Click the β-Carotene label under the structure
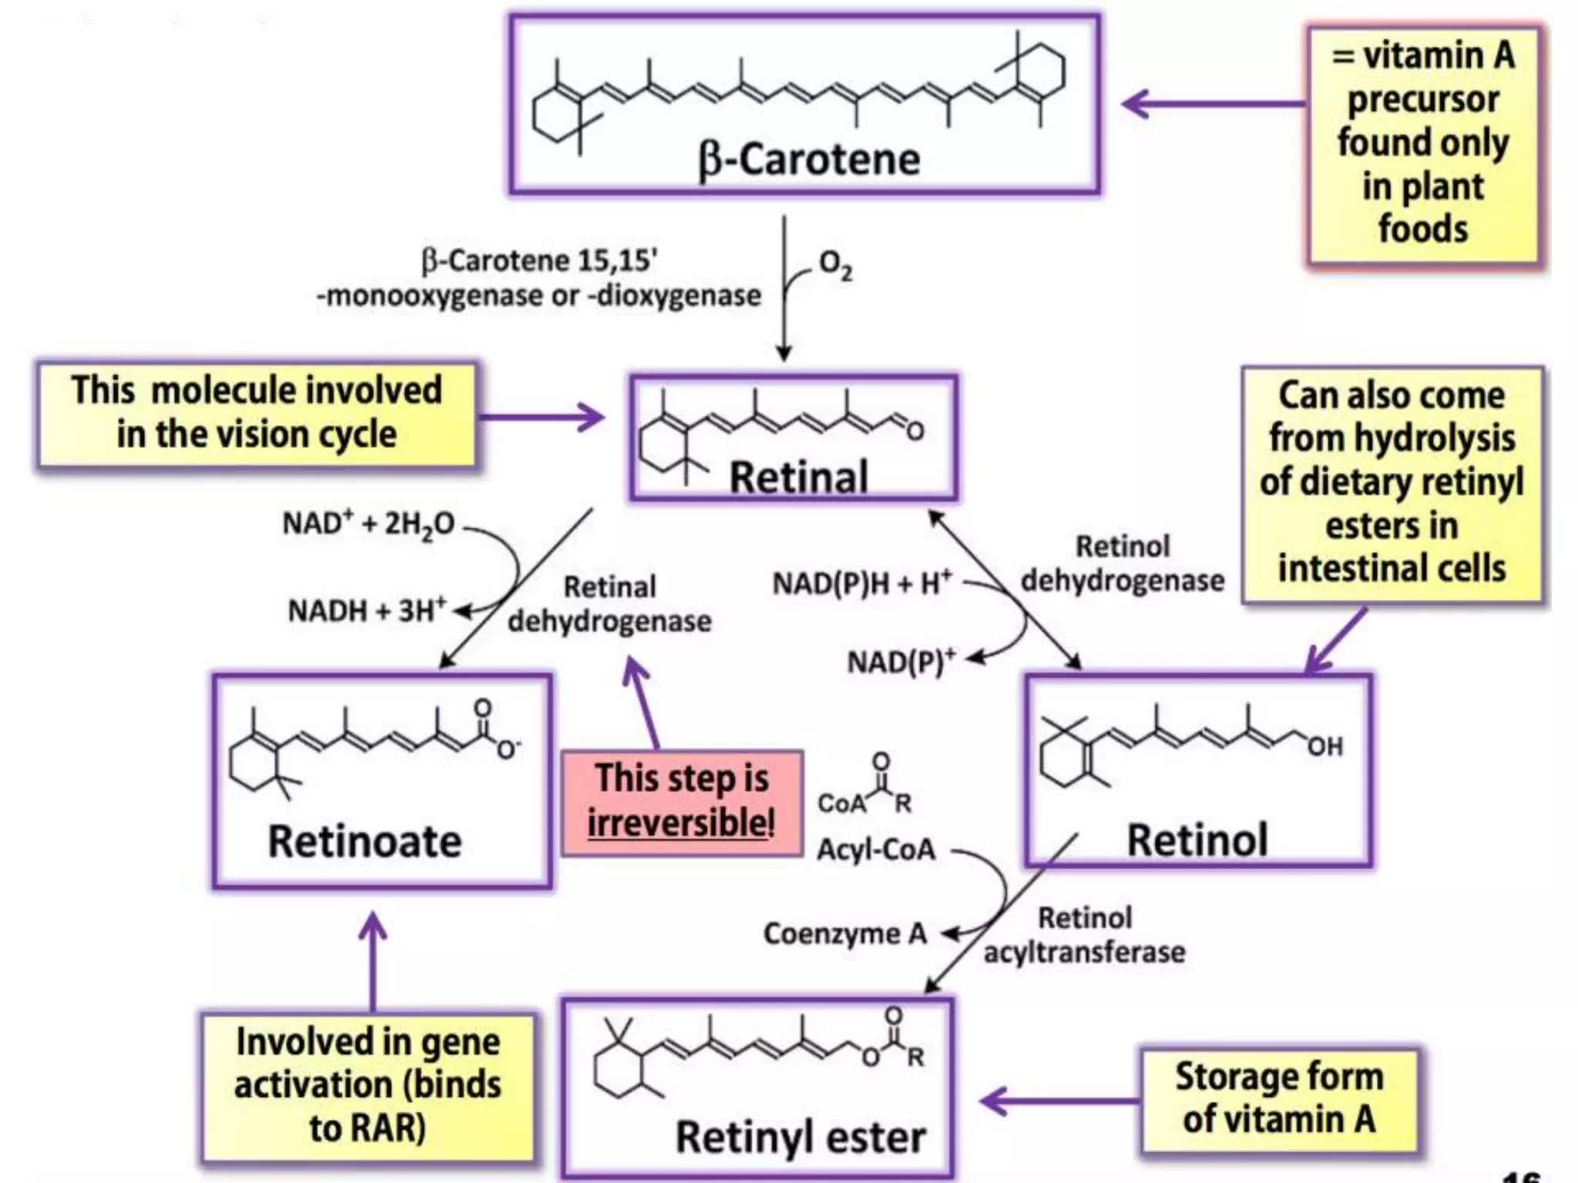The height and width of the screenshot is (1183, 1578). [x=808, y=159]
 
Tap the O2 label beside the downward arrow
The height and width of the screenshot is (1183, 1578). [x=835, y=265]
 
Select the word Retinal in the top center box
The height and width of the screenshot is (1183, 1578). [x=799, y=477]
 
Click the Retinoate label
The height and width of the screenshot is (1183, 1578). [x=364, y=840]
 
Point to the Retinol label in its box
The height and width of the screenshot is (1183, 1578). [x=1197, y=839]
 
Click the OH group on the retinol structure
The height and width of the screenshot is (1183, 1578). [x=1324, y=746]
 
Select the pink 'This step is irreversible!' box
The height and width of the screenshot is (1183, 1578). [x=681, y=802]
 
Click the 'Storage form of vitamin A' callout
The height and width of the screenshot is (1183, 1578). [x=1278, y=1098]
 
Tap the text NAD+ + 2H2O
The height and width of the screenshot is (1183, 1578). [x=368, y=524]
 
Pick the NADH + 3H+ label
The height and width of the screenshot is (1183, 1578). [x=367, y=611]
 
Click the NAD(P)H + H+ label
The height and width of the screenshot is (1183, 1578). [x=862, y=583]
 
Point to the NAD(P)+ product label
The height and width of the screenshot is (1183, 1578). [x=901, y=662]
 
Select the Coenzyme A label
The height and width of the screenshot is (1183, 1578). [x=844, y=933]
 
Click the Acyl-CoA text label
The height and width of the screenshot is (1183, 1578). [x=876, y=850]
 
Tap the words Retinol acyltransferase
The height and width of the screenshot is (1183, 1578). [x=1084, y=935]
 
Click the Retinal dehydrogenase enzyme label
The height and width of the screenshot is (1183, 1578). [x=609, y=604]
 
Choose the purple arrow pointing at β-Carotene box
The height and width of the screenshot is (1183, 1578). [x=1210, y=103]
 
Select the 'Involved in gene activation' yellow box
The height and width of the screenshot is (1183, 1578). [x=368, y=1084]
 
